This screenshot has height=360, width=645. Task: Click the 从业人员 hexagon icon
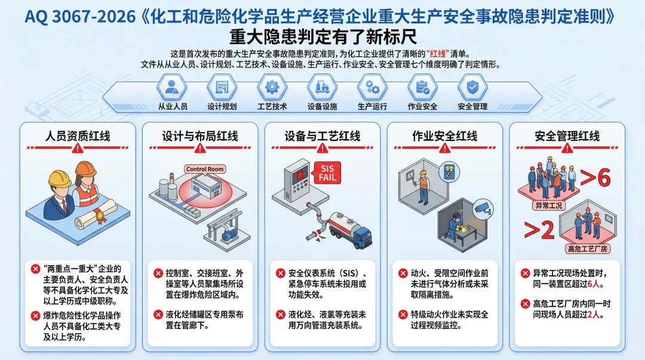point(172,88)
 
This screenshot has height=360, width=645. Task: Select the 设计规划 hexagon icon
point(222,88)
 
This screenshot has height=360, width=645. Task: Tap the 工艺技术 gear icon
point(272,88)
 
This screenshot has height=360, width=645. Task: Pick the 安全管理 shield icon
point(472,88)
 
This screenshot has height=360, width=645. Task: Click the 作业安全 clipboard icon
point(422,88)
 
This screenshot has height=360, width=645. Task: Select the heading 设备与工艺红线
point(322,136)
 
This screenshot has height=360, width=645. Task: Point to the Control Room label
point(204,169)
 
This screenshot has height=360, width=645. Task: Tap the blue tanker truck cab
point(363,238)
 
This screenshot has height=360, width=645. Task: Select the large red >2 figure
point(539,230)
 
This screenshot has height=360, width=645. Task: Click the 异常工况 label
point(547,205)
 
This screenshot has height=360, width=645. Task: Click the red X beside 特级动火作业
point(402,314)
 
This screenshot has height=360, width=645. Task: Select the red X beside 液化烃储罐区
point(158,314)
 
